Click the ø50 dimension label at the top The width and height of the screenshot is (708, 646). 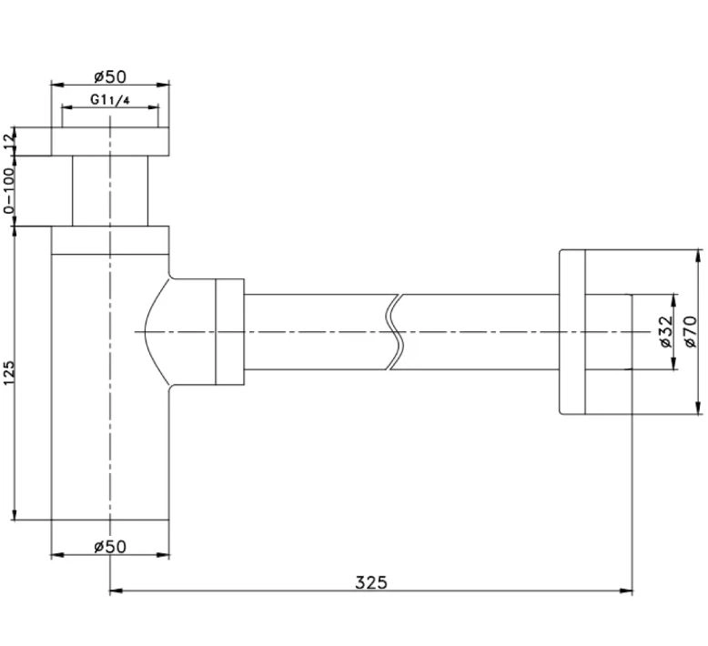[110, 76]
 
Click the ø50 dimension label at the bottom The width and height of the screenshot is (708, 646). [110, 547]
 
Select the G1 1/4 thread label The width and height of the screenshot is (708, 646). [110, 99]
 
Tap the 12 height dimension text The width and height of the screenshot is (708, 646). [9, 142]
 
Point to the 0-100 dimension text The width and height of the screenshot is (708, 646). [9, 190]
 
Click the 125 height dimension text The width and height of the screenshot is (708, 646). [9, 373]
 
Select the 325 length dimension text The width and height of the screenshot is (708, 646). [371, 582]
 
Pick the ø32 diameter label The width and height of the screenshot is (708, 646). [666, 332]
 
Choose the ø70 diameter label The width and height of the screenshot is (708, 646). [691, 332]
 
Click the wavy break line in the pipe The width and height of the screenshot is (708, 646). [395, 332]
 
